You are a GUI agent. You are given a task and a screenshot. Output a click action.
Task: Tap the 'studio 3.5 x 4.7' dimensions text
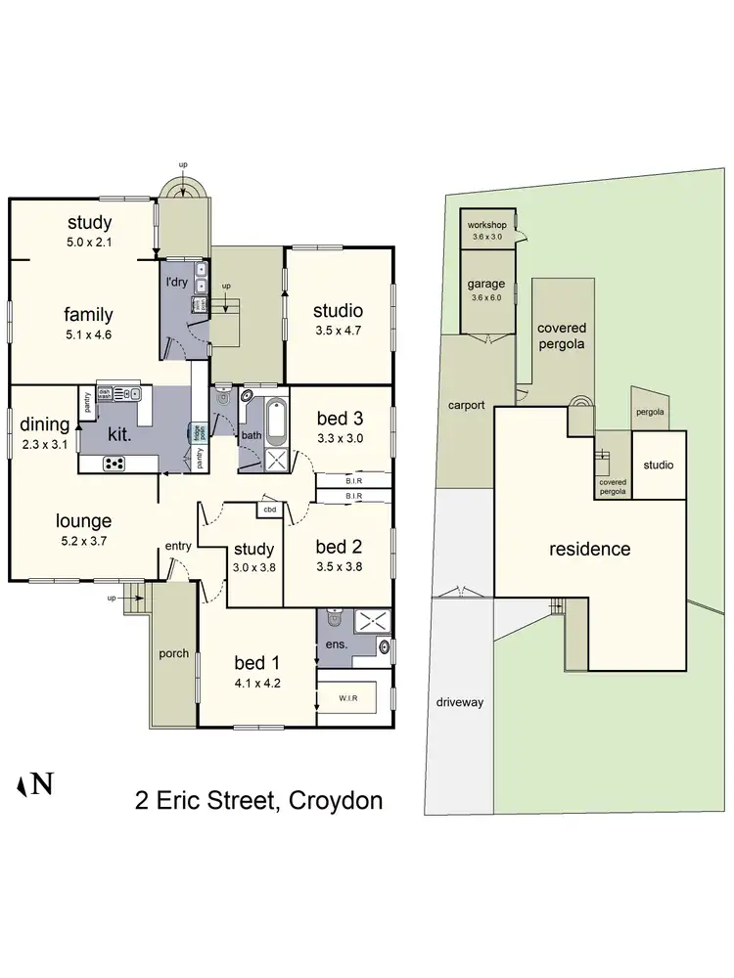(x=338, y=330)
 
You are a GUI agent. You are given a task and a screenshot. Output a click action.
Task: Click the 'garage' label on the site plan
(x=485, y=284)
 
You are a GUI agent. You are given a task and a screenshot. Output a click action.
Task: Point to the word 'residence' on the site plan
(x=588, y=549)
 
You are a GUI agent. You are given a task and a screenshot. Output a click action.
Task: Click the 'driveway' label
(x=460, y=702)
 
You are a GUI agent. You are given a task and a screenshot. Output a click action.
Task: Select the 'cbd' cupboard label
(x=268, y=510)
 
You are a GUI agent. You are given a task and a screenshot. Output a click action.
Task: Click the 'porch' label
(x=174, y=653)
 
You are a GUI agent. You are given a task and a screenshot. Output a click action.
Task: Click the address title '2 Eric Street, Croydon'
(x=258, y=802)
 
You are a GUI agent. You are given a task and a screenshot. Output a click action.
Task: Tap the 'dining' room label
(x=44, y=424)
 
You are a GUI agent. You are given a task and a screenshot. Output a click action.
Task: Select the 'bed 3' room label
(x=340, y=420)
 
